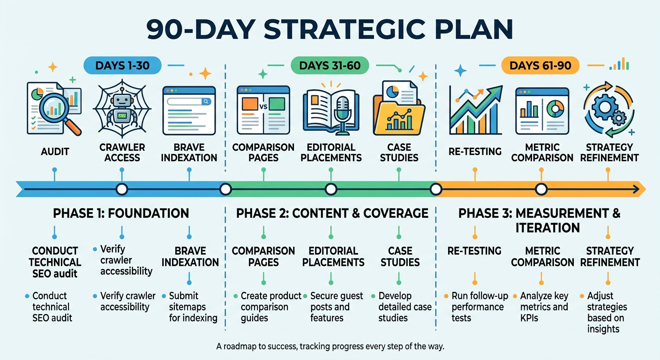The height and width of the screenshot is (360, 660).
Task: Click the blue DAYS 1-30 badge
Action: coord(122,66)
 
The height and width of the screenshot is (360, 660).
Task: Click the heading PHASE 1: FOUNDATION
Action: coord(121,214)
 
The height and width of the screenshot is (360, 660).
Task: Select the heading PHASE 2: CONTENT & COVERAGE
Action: coord(332,214)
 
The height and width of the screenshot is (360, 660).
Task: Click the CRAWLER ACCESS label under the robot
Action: coord(121,152)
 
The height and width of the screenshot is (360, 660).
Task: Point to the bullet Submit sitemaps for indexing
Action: coord(193,307)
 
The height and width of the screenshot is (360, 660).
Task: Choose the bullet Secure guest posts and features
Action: coord(336,307)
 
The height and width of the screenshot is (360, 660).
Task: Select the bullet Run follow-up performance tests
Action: coord(477,307)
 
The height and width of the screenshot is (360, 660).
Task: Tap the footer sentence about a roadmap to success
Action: coord(330,347)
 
